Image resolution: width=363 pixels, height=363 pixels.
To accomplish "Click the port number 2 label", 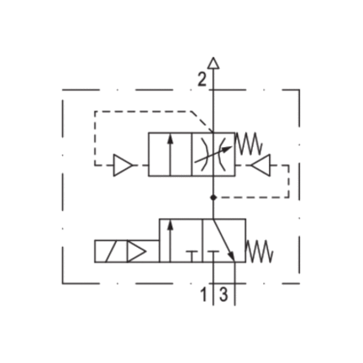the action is point(202,79).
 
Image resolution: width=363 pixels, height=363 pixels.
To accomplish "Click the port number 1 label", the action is point(204,295).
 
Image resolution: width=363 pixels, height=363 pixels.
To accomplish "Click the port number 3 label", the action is point(224,295).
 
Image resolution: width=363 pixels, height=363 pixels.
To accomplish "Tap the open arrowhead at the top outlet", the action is point(213,63).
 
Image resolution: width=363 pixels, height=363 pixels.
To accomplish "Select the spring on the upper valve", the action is point(249,144).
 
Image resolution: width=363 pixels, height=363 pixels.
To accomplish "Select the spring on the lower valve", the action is point(260,251).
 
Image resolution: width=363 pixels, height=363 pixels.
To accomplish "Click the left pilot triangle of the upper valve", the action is point(123,166).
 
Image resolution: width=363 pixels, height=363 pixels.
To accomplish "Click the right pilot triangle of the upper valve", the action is point(261,166).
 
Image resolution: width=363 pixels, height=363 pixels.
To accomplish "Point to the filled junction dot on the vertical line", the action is point(213,197).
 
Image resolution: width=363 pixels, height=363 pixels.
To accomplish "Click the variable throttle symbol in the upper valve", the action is point(213,155).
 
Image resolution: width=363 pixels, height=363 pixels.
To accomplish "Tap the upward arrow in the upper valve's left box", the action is point(170,155).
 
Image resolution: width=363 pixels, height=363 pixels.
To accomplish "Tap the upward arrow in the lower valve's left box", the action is point(170,241).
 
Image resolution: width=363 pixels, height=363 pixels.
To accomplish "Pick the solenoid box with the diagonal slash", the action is point(111,251).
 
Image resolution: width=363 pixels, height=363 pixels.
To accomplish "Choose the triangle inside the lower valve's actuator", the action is point(136,251).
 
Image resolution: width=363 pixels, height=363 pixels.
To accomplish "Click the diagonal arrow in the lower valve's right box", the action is point(224,240).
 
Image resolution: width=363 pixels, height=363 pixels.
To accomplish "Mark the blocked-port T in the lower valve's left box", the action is point(192,256).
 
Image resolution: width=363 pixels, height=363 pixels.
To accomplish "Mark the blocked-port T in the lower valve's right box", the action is point(213,256).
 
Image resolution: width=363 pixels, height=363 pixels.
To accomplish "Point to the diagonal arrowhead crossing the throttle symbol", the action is point(229,149).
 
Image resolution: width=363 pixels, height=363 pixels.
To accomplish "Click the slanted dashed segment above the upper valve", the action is point(203,122).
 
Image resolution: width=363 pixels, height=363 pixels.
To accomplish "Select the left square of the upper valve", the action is point(170,155).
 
